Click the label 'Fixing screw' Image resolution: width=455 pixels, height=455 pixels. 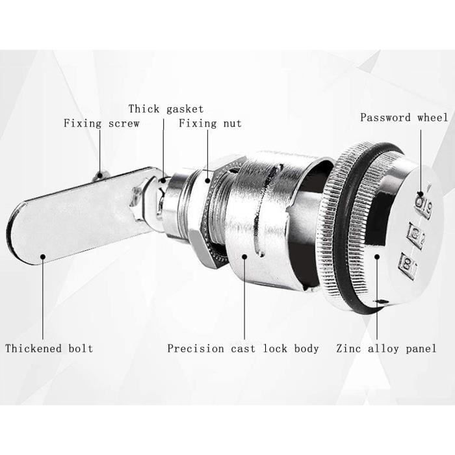coord(101,123)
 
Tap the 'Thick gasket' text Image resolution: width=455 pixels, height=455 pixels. coord(166,109)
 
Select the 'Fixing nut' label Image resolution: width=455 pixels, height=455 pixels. coord(210,123)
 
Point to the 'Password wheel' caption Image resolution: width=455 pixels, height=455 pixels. coord(404,118)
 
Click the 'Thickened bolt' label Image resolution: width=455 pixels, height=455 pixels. coord(49,348)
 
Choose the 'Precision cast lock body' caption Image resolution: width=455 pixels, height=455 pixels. coord(243,348)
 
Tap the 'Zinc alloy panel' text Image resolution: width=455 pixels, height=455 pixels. coord(386,348)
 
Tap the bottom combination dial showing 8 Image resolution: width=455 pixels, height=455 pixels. coord(408,263)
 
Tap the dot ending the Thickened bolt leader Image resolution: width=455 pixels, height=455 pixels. coord(43,257)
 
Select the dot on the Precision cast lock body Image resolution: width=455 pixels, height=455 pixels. coord(245,257)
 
